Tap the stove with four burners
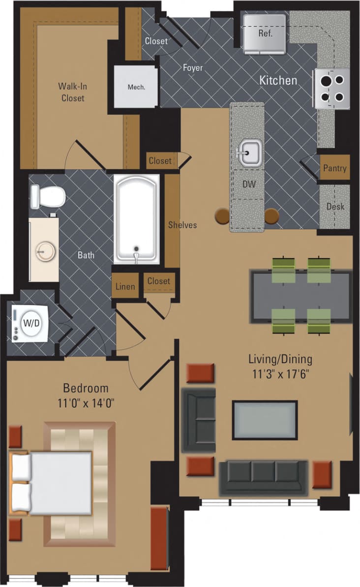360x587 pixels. pos(332,88)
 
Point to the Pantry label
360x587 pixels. pos(334,168)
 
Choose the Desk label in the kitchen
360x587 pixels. pos(335,207)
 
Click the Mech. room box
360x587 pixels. pos(136,87)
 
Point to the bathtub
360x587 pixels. pos(137,219)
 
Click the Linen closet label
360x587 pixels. pos(125,287)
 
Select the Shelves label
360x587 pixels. pos(182,225)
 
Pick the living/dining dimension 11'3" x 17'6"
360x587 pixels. pos(280,373)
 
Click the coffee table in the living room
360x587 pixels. pos(265,420)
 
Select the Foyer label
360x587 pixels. pos(193,68)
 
